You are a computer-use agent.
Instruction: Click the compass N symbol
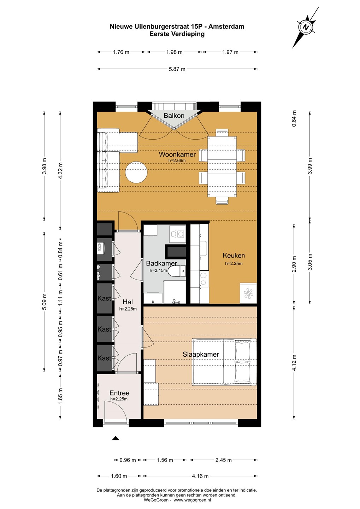coord(306,27)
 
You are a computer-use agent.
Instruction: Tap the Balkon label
coord(174,116)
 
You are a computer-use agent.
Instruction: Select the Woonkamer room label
coord(177,154)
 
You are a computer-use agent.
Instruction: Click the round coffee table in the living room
coord(136,172)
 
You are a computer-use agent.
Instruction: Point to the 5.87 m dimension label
coord(177,69)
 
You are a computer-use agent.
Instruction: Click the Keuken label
coord(234,256)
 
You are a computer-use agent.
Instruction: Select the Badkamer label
coord(161,263)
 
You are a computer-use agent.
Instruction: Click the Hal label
coord(128,302)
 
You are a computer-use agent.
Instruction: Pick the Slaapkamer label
coord(201,354)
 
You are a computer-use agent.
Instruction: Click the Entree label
coord(119,393)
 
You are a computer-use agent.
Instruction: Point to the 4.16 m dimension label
coord(200,476)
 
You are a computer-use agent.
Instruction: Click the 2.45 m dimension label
coord(224,460)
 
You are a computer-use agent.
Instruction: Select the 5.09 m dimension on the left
coord(44,302)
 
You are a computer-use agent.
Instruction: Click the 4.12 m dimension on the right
coord(294,362)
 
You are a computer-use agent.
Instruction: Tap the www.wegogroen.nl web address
coord(193,500)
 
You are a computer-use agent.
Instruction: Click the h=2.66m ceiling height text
coord(177,160)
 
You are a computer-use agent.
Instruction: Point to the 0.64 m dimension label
coord(294,118)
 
